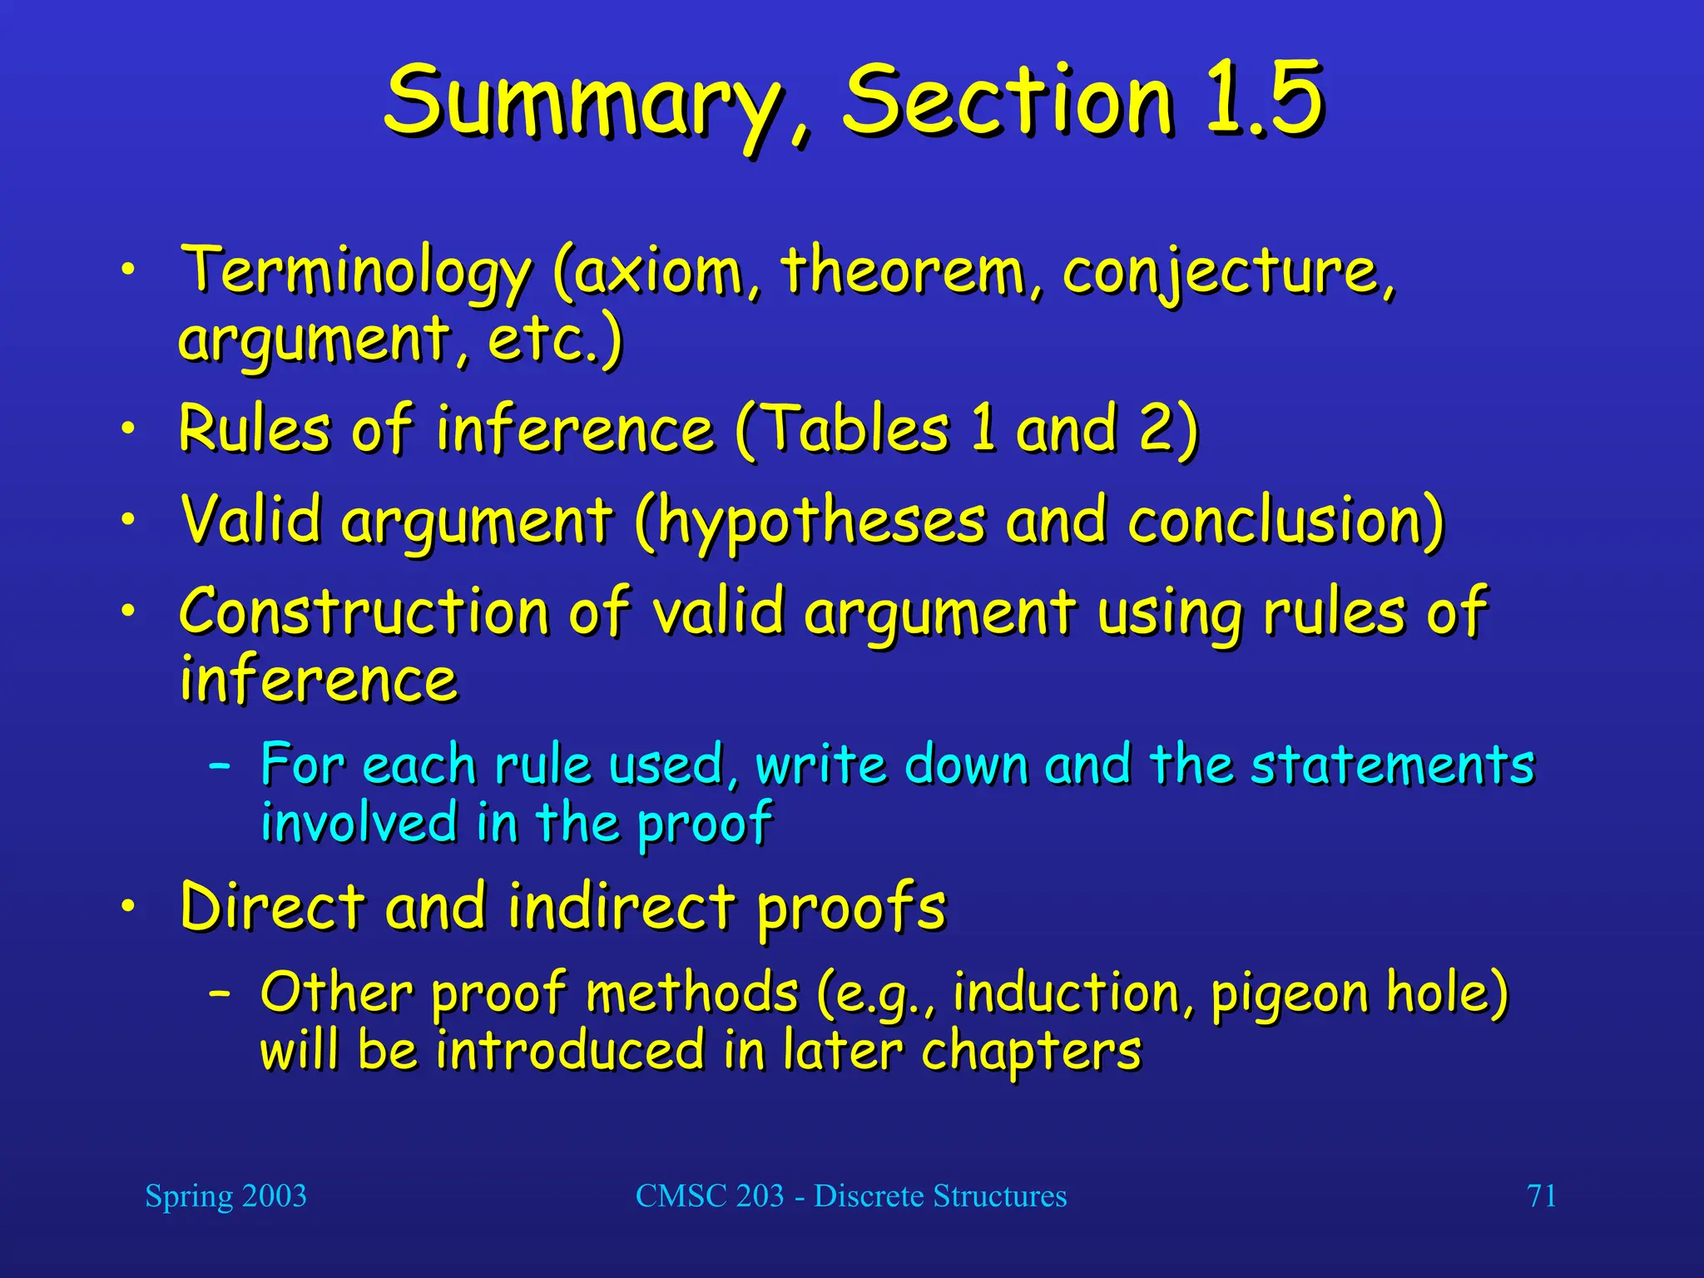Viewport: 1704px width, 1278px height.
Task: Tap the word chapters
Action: click(1031, 1052)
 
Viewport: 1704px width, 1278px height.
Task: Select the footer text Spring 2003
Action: click(225, 1196)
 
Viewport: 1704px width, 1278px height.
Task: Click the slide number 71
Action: click(1541, 1196)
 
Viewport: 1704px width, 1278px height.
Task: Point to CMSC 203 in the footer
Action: click(709, 1196)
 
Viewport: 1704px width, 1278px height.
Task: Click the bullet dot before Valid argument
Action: click(126, 521)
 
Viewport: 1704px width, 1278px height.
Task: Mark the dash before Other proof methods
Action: click(220, 993)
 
